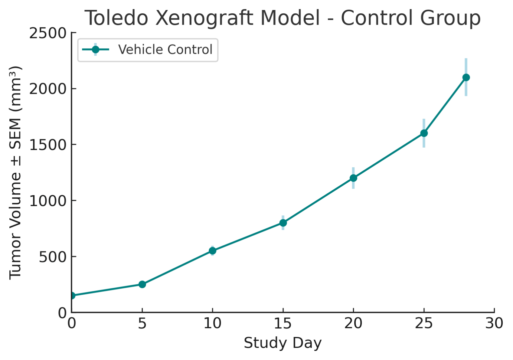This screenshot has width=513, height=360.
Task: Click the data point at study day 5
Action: pyautogui.click(x=142, y=284)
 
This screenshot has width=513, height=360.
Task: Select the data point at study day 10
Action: pyautogui.click(x=212, y=251)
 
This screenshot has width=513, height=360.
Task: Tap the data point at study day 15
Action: pyautogui.click(x=283, y=223)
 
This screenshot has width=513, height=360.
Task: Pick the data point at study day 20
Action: pyautogui.click(x=353, y=178)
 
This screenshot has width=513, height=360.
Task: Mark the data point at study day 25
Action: pyautogui.click(x=424, y=133)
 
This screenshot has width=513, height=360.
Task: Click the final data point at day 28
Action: pyautogui.click(x=466, y=77)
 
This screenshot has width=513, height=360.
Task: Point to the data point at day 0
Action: pyautogui.click(x=72, y=296)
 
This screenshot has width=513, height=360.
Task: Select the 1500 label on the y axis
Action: pyautogui.click(x=48, y=145)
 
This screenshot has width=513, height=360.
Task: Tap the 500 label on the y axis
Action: pyautogui.click(x=52, y=257)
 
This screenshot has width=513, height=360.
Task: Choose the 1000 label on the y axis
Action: pyautogui.click(x=48, y=201)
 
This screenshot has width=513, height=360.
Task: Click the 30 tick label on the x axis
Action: pyautogui.click(x=494, y=323)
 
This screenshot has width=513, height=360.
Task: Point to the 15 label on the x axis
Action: pyautogui.click(x=283, y=323)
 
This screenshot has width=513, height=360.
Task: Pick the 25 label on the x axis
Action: pyautogui.click(x=424, y=323)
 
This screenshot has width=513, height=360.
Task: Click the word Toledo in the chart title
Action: pyautogui.click(x=117, y=18)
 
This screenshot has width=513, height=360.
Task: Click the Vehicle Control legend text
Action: pyautogui.click(x=165, y=49)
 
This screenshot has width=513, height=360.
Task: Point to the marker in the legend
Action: pyautogui.click(x=95, y=49)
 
